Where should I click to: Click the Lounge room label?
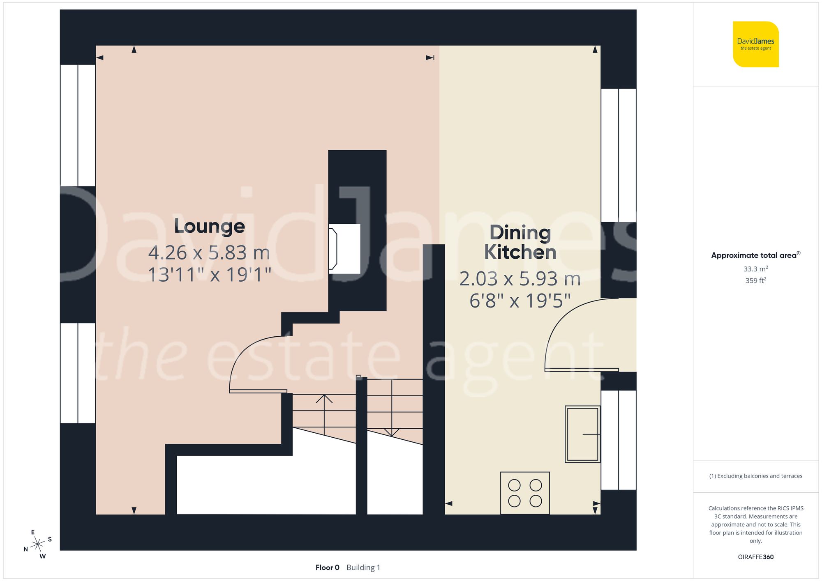(209, 226)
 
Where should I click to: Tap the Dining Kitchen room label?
(520, 242)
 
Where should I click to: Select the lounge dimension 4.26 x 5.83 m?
(209, 253)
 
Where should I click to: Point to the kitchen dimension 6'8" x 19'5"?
(520, 301)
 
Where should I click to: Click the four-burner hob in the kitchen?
(525, 493)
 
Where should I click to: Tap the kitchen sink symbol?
(582, 434)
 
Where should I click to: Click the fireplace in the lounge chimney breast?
(344, 249)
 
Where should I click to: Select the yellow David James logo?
(755, 44)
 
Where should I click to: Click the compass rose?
(38, 544)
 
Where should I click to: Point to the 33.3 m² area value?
(755, 269)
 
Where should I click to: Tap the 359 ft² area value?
(755, 280)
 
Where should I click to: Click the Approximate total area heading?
(755, 255)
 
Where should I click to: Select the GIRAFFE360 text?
(755, 557)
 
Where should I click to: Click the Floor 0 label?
(327, 567)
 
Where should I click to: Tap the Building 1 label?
(363, 567)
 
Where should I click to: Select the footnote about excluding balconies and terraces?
(755, 476)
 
